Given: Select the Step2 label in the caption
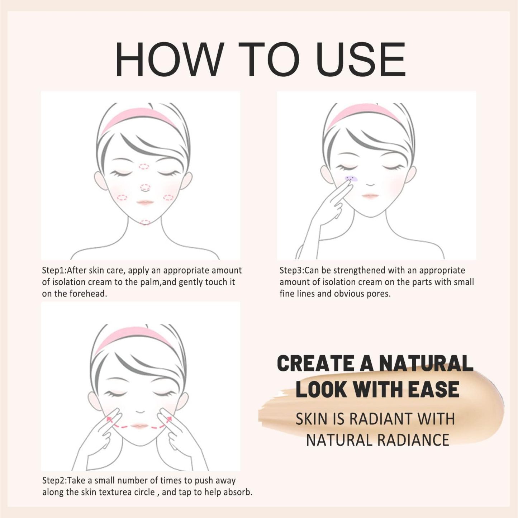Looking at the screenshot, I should coord(54,481).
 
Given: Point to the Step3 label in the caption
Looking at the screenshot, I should coord(291,270).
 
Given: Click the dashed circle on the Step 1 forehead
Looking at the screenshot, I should coord(144,166).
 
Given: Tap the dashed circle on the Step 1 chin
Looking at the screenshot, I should coord(145,222).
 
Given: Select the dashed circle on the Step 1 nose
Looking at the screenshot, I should coord(145,187).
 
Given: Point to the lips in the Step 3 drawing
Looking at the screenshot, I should coord(370,196).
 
